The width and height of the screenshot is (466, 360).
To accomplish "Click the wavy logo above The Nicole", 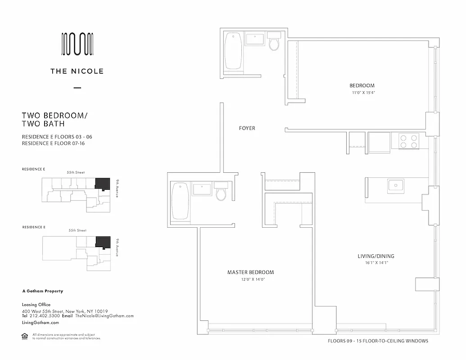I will tap(77, 45).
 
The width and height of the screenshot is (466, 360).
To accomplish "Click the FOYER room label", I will tap(247, 128).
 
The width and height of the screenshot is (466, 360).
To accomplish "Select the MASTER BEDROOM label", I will tap(250, 272).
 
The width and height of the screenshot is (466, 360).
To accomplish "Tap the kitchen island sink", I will tap(396, 185).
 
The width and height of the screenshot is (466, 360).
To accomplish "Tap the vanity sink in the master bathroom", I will tap(202, 189).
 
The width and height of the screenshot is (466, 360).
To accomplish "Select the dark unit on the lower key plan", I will tap(103, 241).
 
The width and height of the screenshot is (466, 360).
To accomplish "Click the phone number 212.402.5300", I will tap(42, 316).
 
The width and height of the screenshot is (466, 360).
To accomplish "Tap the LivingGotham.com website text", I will tap(41, 323).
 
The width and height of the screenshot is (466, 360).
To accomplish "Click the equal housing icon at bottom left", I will tap(25, 335).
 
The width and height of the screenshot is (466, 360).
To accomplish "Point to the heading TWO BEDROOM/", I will tap(54, 116).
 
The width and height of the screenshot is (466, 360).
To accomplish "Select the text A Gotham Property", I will tap(42, 291).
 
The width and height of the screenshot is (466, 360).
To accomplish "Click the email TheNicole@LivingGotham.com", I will tap(104, 316).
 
